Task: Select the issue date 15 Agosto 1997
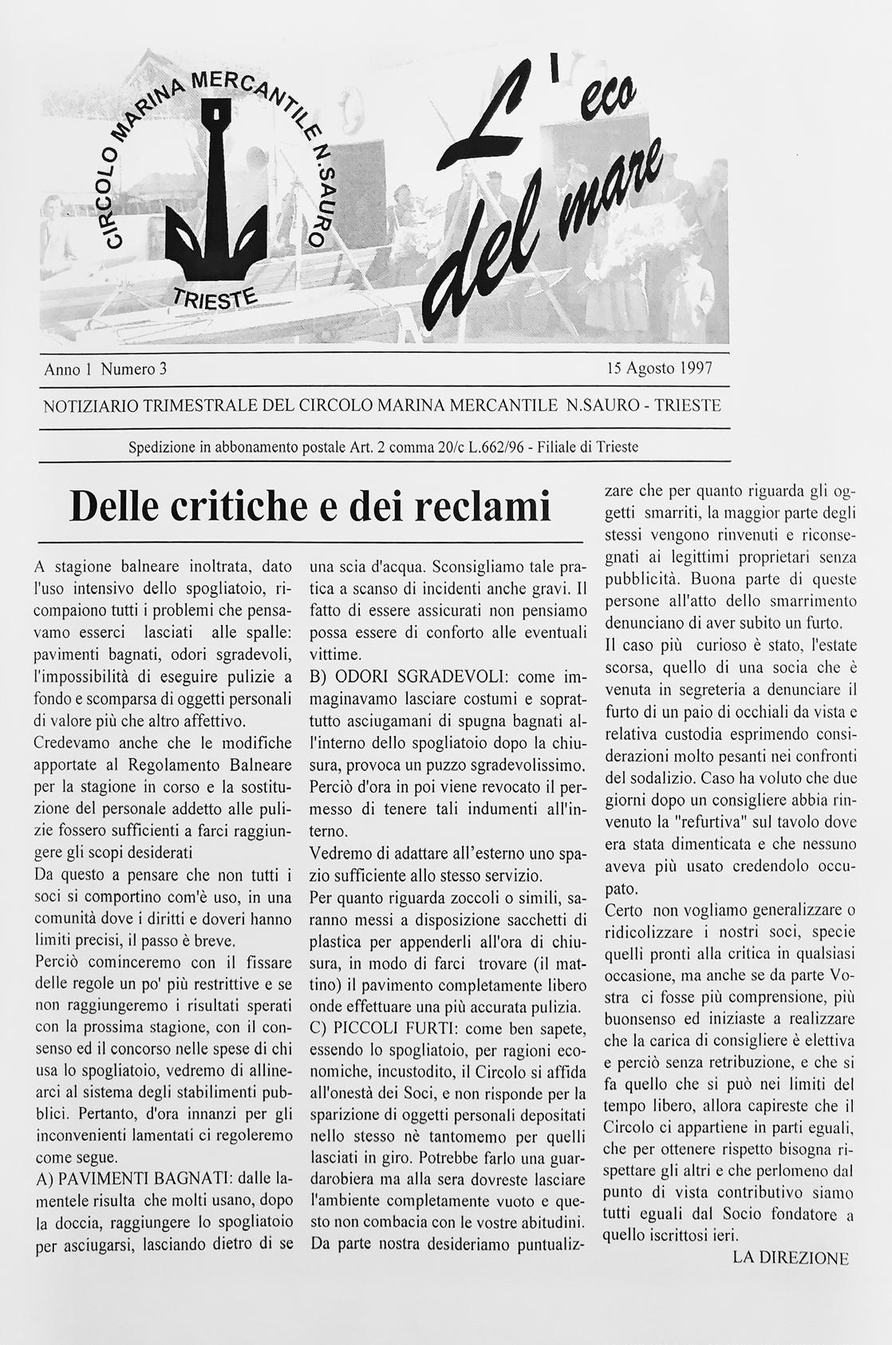point(659,369)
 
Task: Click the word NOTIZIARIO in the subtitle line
point(91,405)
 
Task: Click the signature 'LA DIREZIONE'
point(790,1258)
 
